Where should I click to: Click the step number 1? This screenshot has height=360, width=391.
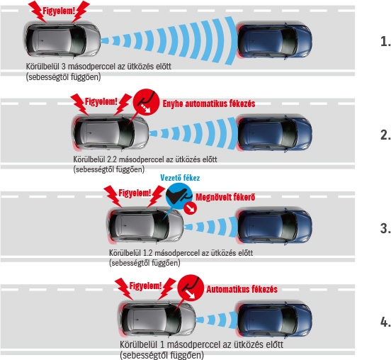pyautogui.click(x=385, y=41)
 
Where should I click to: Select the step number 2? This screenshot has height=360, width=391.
pyautogui.click(x=385, y=135)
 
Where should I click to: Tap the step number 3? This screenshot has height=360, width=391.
pyautogui.click(x=385, y=228)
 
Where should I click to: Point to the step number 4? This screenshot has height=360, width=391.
pyautogui.click(x=385, y=322)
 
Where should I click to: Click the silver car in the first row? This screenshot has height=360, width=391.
pyautogui.click(x=63, y=40)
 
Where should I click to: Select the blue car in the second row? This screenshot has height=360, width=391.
pyautogui.click(x=274, y=133)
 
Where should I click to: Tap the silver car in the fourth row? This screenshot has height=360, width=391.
pyautogui.click(x=157, y=320)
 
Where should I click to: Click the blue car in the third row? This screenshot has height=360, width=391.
pyautogui.click(x=274, y=227)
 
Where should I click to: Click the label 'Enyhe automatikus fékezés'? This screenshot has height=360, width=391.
pyautogui.click(x=209, y=103)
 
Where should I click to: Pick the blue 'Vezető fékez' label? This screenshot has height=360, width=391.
pyautogui.click(x=180, y=178)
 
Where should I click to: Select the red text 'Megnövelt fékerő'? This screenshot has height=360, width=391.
pyautogui.click(x=225, y=197)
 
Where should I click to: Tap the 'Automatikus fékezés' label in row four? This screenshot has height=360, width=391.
pyautogui.click(x=242, y=289)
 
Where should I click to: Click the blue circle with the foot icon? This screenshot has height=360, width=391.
pyautogui.click(x=178, y=196)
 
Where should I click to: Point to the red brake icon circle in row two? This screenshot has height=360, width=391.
pyautogui.click(x=146, y=102)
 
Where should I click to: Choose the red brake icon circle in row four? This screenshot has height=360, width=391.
pyautogui.click(x=191, y=288)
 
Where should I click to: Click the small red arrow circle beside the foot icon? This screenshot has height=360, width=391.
pyautogui.click(x=191, y=208)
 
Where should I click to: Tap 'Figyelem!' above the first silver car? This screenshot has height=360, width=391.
pyautogui.click(x=59, y=11)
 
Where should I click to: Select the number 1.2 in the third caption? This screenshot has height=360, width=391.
pyautogui.click(x=148, y=253)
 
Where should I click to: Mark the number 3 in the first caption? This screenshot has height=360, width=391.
pyautogui.click(x=63, y=67)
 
